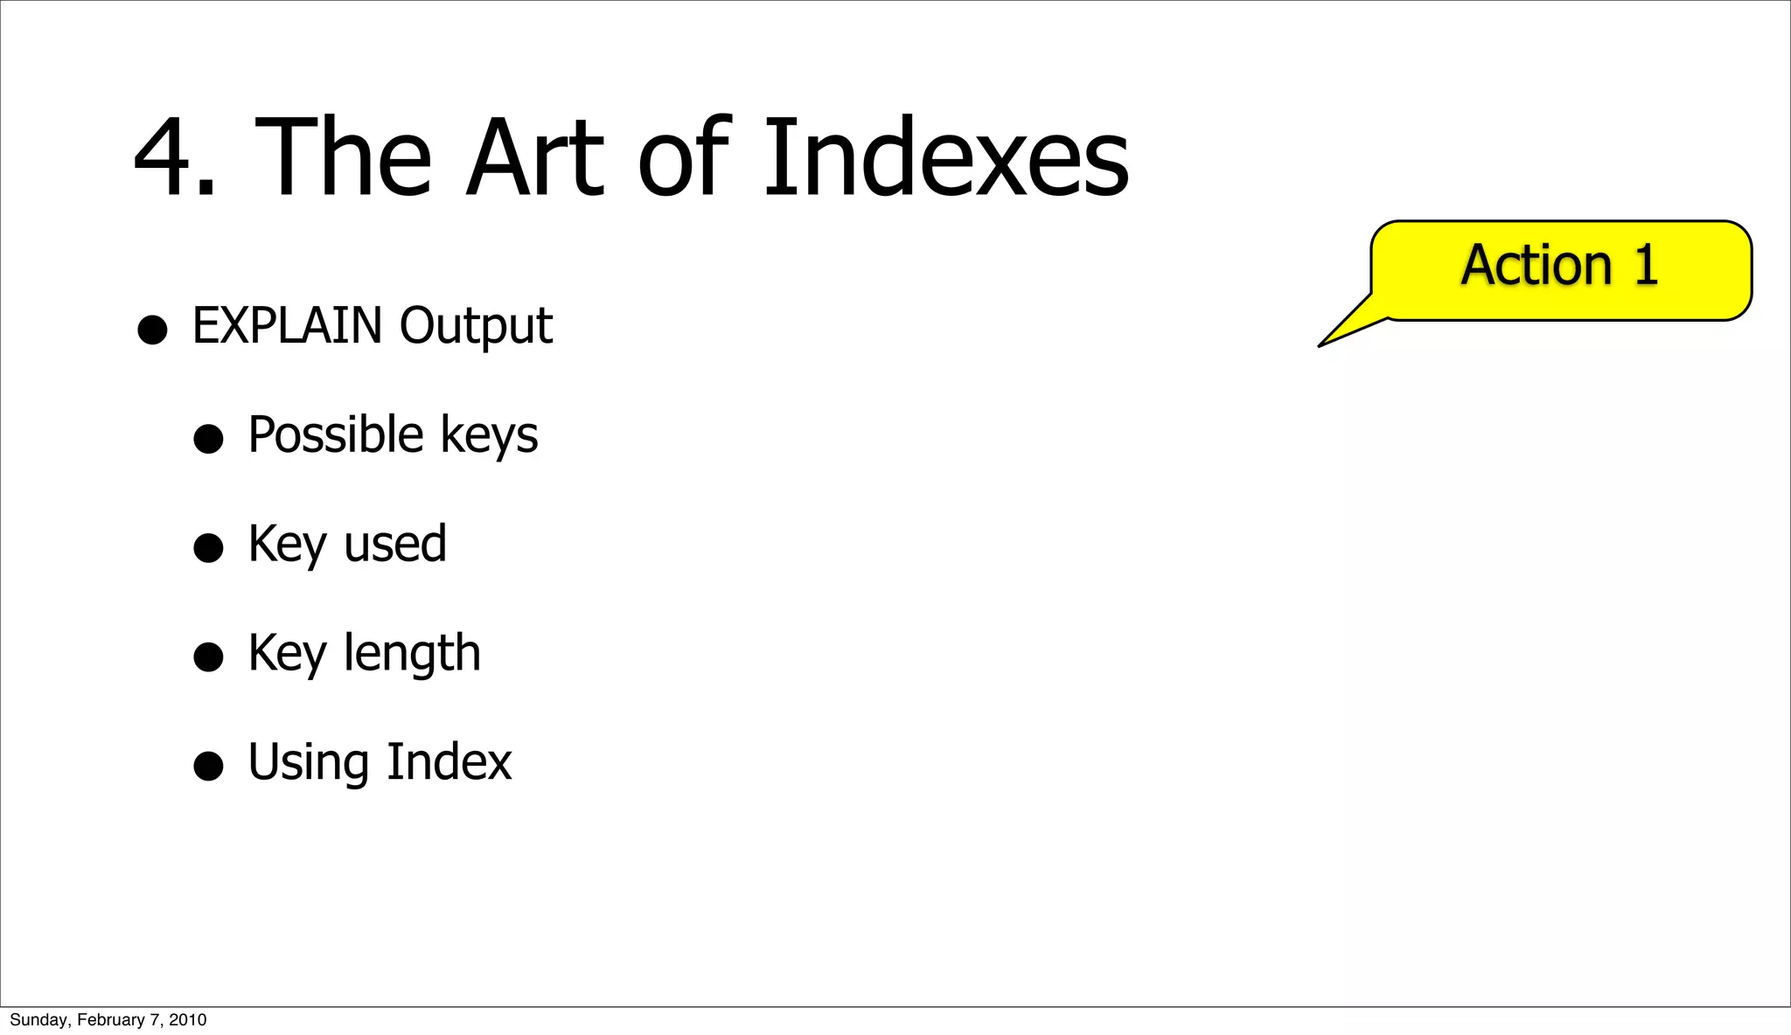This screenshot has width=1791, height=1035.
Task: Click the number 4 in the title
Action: click(x=166, y=159)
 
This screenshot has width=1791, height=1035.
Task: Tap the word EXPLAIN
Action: click(x=287, y=325)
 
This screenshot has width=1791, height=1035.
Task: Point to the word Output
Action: click(x=476, y=327)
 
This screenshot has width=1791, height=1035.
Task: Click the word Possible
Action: click(x=336, y=434)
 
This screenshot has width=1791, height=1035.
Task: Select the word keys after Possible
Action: click(x=489, y=436)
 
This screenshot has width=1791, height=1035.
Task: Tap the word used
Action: click(x=395, y=544)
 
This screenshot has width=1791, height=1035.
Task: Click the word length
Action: click(x=412, y=654)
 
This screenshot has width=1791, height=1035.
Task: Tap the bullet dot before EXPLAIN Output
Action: click(x=152, y=330)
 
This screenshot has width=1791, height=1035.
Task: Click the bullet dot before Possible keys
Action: click(x=208, y=439)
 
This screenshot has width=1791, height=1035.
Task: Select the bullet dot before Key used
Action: click(x=208, y=548)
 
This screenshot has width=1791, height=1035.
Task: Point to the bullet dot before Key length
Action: click(x=208, y=656)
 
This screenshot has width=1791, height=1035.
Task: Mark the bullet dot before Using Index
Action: click(x=208, y=766)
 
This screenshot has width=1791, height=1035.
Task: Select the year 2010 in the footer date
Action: click(x=188, y=1020)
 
